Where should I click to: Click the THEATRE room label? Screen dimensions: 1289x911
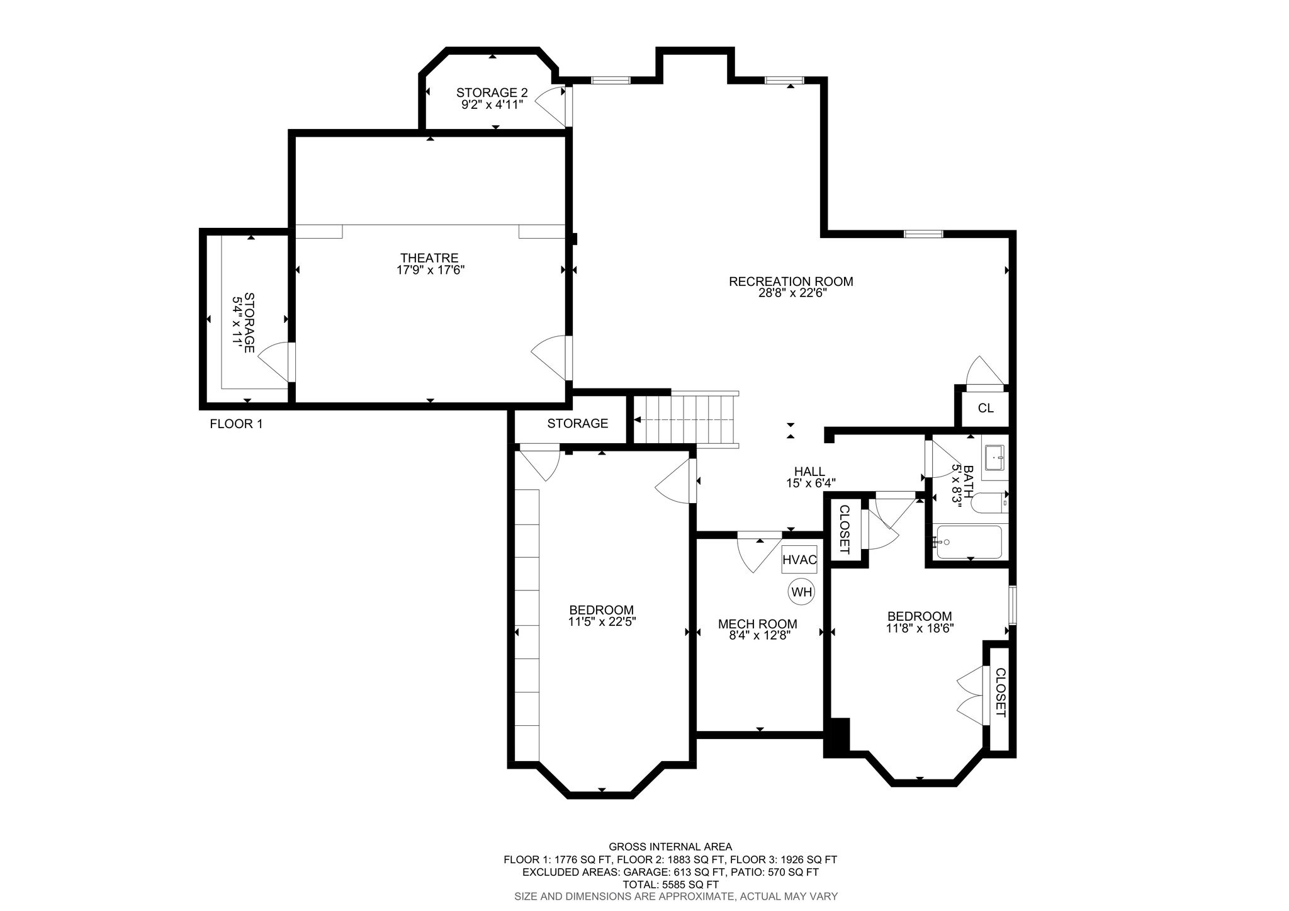click(x=429, y=258)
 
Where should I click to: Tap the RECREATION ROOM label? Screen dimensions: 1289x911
click(x=791, y=281)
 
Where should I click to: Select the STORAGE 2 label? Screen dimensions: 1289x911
click(x=492, y=93)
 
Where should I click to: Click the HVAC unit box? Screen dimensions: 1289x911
click(x=799, y=560)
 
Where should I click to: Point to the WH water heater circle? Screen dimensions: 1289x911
click(x=802, y=592)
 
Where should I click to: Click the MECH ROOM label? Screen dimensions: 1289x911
click(x=758, y=624)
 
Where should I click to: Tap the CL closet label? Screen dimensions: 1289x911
click(x=986, y=408)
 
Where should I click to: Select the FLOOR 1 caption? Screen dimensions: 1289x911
click(x=236, y=424)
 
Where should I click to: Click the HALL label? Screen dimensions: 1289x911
click(x=809, y=472)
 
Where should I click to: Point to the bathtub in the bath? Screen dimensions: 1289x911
click(x=967, y=542)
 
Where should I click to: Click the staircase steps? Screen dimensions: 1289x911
click(x=685, y=419)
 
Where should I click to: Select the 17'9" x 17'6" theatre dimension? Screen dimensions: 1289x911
click(x=429, y=270)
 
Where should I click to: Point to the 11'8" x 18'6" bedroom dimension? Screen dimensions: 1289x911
click(x=920, y=628)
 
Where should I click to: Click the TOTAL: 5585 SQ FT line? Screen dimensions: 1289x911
click(x=670, y=885)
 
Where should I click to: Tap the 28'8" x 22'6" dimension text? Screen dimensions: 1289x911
click(x=791, y=293)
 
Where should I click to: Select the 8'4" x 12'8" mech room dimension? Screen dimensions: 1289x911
click(x=758, y=636)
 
